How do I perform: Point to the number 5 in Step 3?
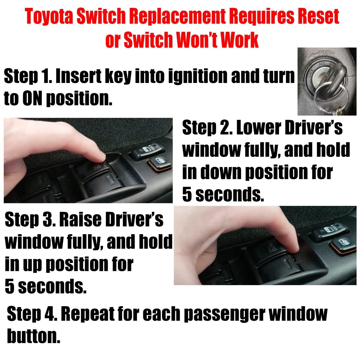pos(10,286)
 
